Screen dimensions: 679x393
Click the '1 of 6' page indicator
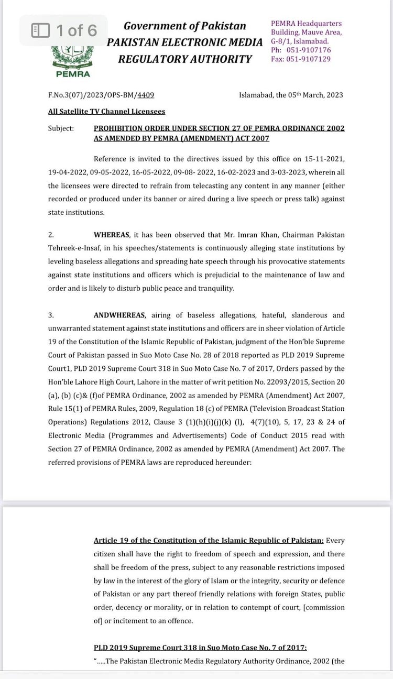(64, 30)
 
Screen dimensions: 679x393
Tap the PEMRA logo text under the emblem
(72, 74)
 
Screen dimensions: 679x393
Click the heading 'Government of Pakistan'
(184, 26)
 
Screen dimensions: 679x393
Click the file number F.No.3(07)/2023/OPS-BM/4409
(100, 95)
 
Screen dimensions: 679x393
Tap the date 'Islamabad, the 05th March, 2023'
(291, 95)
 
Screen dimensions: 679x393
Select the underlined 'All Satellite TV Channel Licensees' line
(106, 112)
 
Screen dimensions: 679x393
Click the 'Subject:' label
(61, 128)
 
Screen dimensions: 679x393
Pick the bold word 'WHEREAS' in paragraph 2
(115, 235)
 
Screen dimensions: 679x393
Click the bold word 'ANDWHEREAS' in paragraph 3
(120, 315)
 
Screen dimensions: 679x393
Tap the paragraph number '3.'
(51, 315)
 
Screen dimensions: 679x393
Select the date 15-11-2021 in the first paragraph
(326, 158)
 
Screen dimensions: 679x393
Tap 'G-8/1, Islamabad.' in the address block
(300, 41)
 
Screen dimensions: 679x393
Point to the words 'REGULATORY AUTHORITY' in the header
(184, 59)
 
